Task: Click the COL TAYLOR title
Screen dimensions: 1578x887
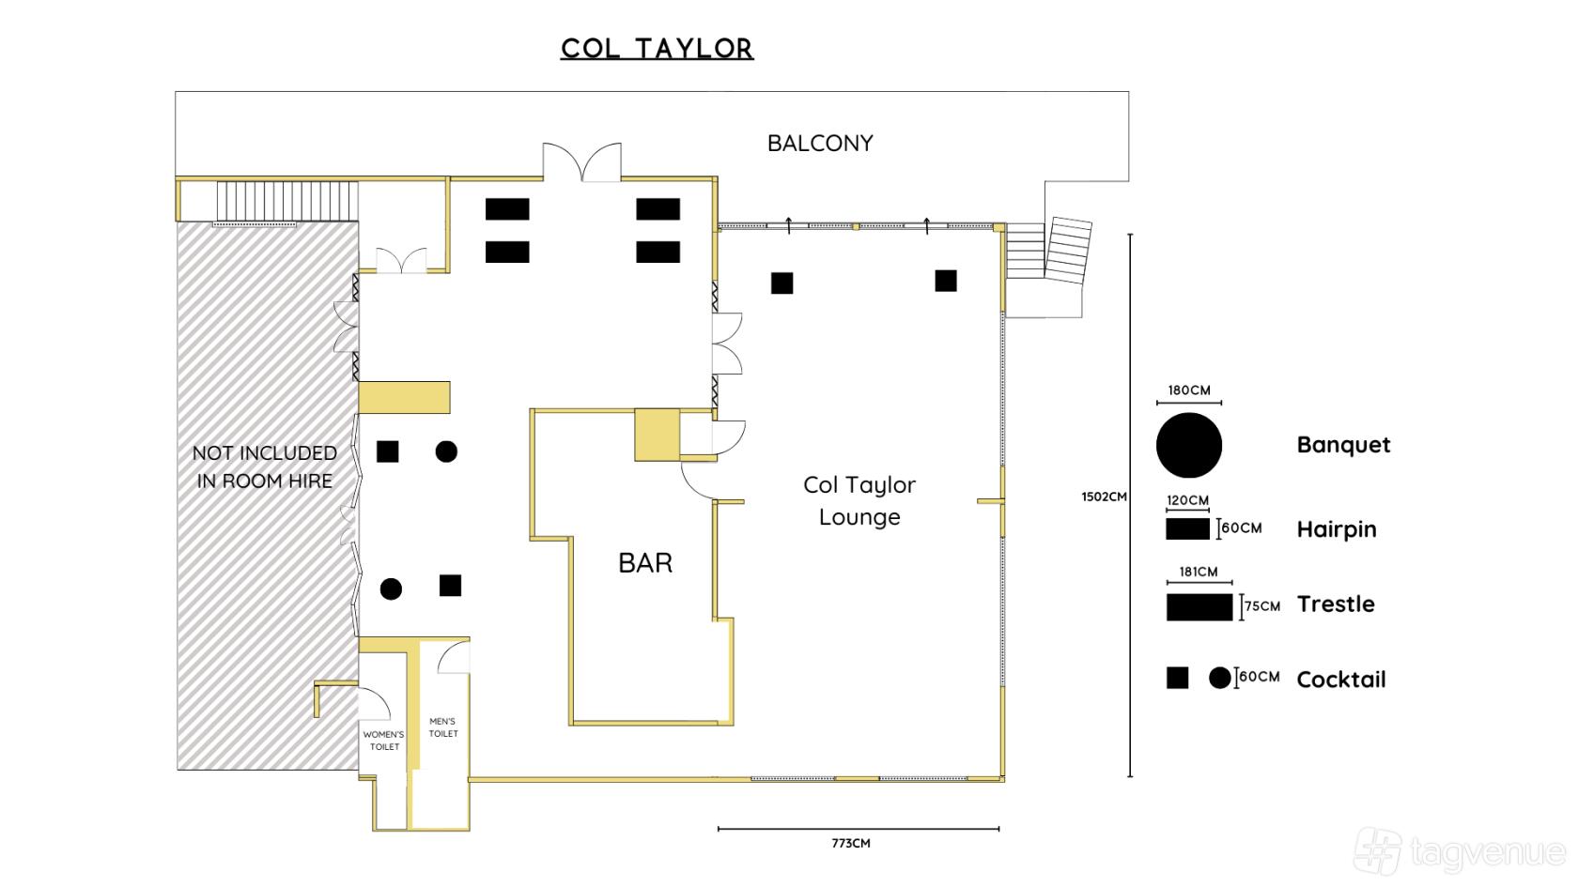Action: [x=657, y=49]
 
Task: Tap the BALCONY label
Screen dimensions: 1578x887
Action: [x=820, y=144]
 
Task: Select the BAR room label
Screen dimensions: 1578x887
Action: [x=645, y=563]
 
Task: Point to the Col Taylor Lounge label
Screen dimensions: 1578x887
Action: [x=859, y=500]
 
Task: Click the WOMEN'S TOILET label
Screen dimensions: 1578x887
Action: [x=384, y=741]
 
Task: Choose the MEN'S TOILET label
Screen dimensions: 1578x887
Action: [x=443, y=727]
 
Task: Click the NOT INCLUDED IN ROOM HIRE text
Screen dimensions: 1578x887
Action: [x=265, y=466]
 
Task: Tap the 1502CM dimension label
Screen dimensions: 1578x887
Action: [x=1104, y=497]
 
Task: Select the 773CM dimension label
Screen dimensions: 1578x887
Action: [x=851, y=843]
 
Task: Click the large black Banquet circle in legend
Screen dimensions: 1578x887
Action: [x=1189, y=445]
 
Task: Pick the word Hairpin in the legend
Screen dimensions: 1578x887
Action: [x=1337, y=529]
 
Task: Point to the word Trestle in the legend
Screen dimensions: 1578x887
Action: [x=1336, y=604]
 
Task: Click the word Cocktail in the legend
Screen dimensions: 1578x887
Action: [x=1341, y=680]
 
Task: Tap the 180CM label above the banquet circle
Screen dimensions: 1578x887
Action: [x=1189, y=390]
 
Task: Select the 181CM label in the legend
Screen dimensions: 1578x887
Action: [x=1199, y=572]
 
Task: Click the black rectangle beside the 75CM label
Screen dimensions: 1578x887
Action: [x=1199, y=607]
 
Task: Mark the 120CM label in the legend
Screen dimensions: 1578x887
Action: [x=1187, y=500]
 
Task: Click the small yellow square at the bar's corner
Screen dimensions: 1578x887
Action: [x=657, y=436]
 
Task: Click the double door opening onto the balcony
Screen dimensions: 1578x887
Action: [x=582, y=162]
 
